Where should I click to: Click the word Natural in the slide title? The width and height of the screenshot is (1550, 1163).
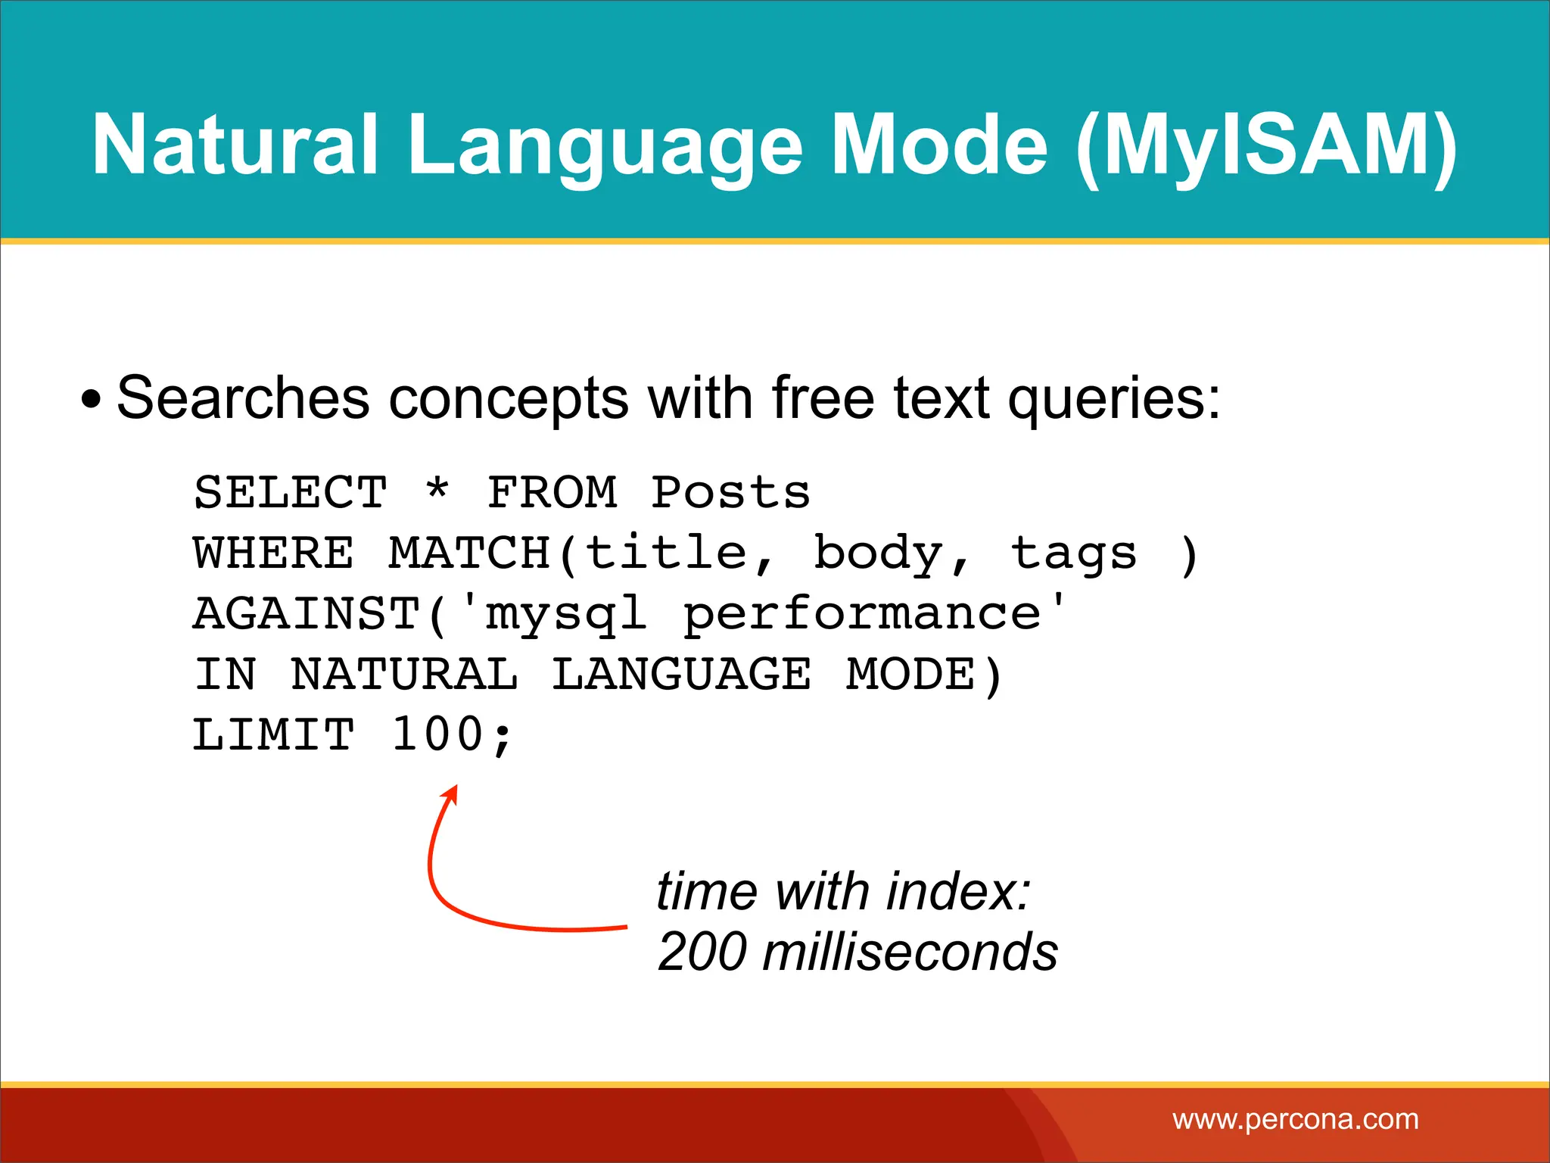(235, 145)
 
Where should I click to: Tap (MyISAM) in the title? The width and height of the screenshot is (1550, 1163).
(1265, 145)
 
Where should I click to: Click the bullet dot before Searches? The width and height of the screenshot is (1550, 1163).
(91, 400)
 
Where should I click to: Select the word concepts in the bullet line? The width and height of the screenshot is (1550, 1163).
(508, 400)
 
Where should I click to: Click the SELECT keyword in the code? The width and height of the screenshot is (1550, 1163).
(291, 493)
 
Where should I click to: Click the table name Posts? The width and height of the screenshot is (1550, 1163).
(730, 493)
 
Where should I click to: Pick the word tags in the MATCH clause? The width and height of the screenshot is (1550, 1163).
(1073, 553)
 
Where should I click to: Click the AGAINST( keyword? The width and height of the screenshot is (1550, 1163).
(322, 614)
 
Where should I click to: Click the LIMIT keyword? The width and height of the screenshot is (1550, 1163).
(274, 735)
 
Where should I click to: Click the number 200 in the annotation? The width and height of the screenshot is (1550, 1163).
(703, 952)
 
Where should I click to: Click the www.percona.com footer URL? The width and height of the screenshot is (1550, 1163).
(1296, 1119)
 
